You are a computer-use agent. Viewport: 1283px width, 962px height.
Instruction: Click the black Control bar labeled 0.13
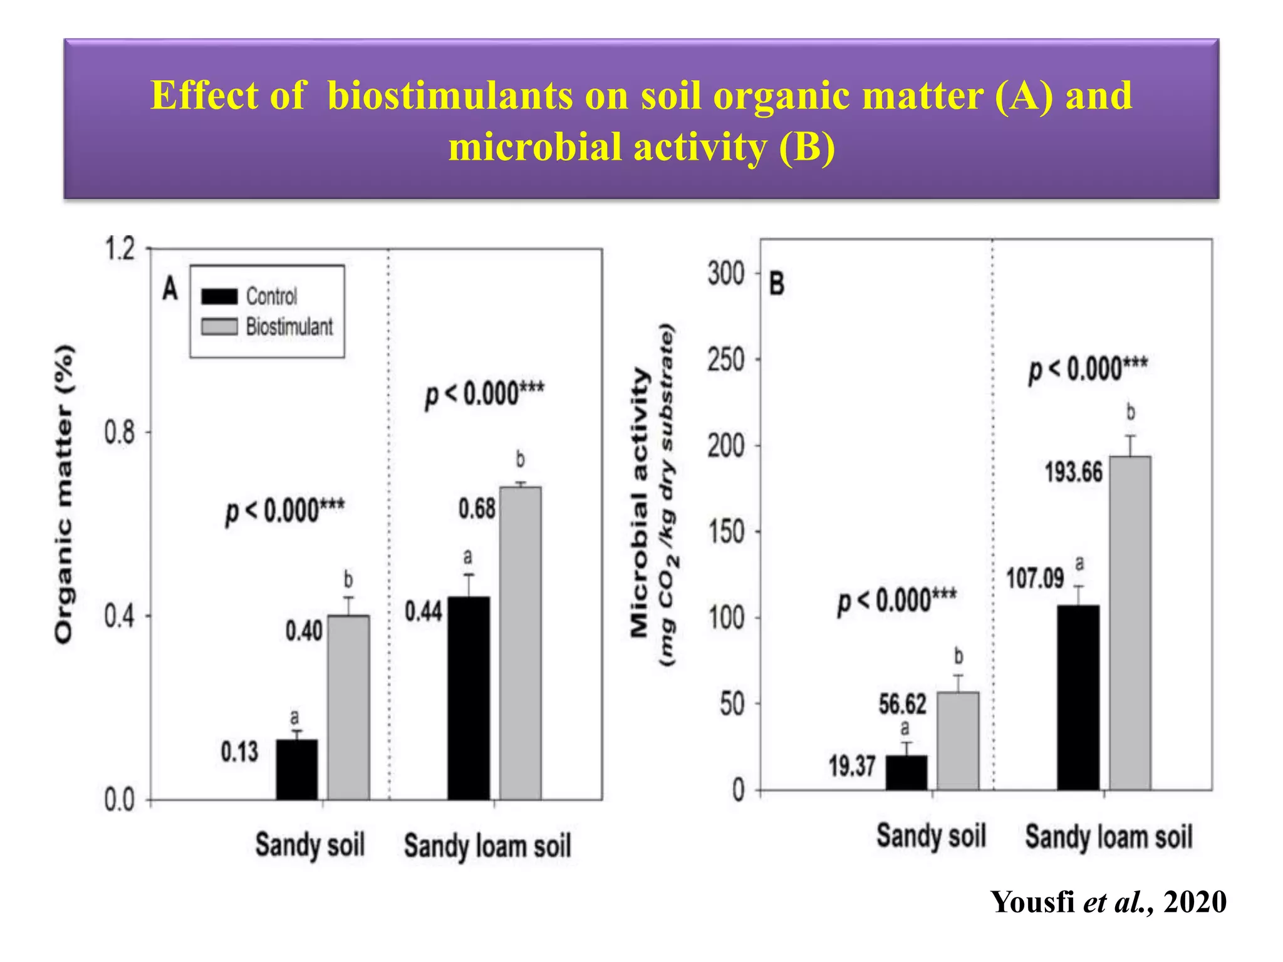click(297, 770)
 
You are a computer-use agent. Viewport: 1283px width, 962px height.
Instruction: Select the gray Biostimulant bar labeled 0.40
click(348, 708)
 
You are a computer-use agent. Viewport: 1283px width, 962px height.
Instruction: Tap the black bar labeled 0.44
click(469, 698)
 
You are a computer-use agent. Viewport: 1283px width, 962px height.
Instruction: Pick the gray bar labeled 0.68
click(520, 643)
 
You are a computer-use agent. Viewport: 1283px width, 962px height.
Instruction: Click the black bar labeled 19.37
click(906, 772)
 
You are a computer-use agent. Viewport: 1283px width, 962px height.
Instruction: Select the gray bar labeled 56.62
click(957, 741)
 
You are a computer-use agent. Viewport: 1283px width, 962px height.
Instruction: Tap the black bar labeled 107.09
click(1078, 697)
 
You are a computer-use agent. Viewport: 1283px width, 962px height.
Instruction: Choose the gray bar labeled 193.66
click(1130, 623)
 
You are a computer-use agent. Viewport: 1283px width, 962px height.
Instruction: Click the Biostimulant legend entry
click(267, 327)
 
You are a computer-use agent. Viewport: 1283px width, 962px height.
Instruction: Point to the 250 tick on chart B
click(726, 360)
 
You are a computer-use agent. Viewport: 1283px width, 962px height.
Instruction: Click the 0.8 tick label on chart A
click(120, 432)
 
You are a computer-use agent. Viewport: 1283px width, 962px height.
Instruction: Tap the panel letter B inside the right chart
click(776, 284)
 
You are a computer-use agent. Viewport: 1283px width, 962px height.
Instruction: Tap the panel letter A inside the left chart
click(170, 289)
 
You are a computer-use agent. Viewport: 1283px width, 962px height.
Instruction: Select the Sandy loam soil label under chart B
click(1108, 837)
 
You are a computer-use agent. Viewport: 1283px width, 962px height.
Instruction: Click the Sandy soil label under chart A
click(309, 845)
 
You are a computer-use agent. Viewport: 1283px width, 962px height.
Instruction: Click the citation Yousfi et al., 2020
click(1108, 903)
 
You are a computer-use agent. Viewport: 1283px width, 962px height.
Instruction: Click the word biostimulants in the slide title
click(449, 96)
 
